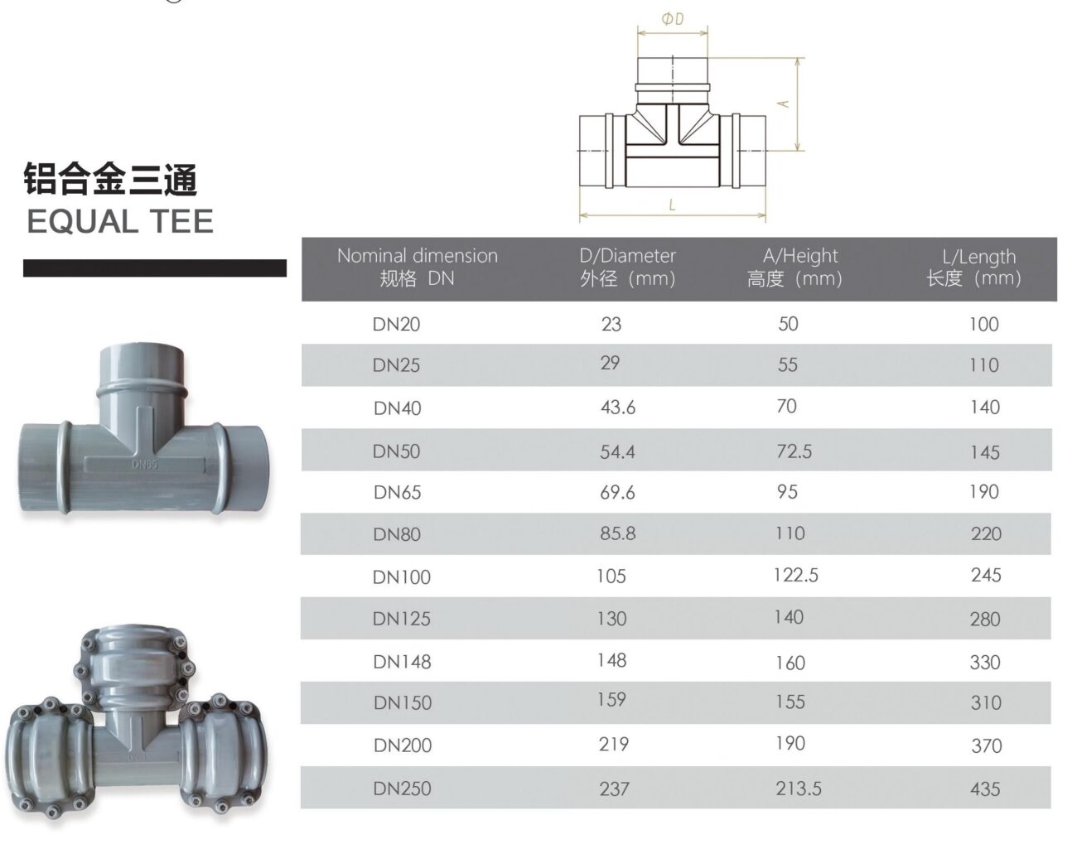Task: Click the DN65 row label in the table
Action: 397,492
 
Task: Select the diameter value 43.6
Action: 618,408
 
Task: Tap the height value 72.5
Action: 794,451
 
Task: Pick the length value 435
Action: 985,789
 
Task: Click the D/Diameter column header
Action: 628,267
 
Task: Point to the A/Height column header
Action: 795,267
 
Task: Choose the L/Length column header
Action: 974,268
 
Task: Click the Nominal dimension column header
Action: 418,267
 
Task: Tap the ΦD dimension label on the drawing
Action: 673,19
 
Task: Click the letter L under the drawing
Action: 672,205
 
